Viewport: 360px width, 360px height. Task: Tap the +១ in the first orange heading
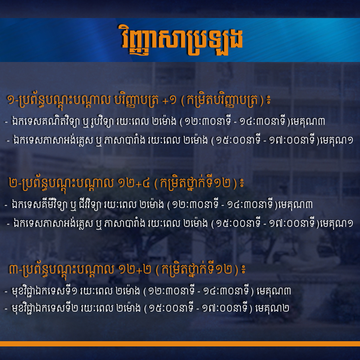[x=169, y=100]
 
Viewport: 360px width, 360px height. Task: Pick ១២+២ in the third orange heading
[x=135, y=270]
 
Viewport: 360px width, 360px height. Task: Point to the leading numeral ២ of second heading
[x=13, y=184]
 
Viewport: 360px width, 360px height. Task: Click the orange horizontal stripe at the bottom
[x=180, y=344]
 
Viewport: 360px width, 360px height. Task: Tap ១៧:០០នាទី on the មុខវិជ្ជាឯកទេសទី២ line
[x=224, y=308]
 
